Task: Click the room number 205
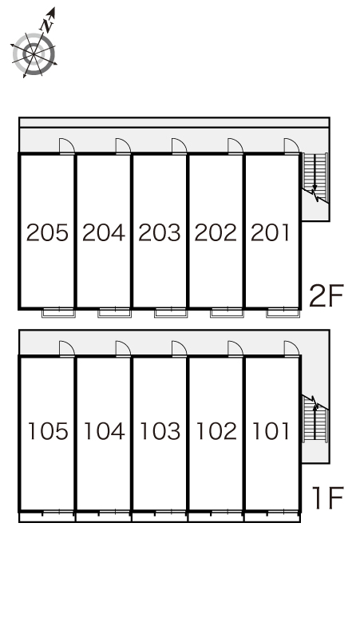click(47, 232)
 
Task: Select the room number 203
click(160, 232)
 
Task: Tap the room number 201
click(270, 232)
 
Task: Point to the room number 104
click(105, 431)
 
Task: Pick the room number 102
click(216, 431)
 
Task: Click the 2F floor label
click(326, 295)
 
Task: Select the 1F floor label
click(328, 497)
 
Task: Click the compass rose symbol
click(34, 54)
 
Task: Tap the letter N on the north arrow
click(48, 26)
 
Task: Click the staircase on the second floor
click(315, 177)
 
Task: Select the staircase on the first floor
click(315, 419)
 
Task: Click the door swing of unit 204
click(123, 146)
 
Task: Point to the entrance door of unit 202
click(235, 146)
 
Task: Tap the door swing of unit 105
click(67, 348)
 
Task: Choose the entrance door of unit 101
click(292, 348)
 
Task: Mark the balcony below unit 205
click(59, 313)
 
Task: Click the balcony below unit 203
click(171, 313)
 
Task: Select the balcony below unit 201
click(283, 313)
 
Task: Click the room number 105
click(48, 431)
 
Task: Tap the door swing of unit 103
click(180, 348)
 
